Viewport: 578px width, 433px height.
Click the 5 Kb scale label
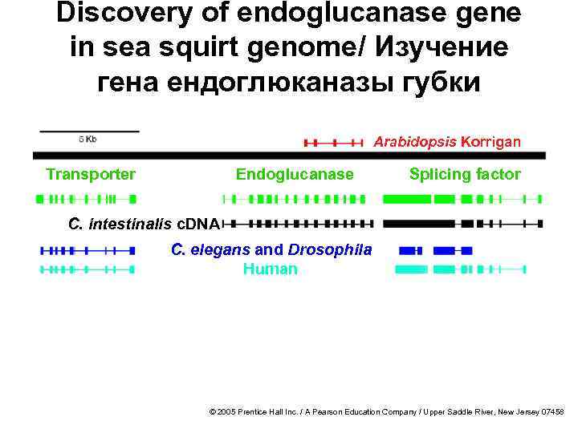[x=88, y=140]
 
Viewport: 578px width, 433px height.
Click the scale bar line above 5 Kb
[x=89, y=130]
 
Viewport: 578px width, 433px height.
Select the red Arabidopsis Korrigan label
[x=446, y=142]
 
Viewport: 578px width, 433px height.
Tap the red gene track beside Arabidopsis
[x=333, y=143]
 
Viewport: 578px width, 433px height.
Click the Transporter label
[x=91, y=174]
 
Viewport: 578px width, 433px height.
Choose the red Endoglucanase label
[x=295, y=174]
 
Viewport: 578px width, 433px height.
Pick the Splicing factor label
[x=465, y=174]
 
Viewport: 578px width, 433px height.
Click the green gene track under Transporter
[x=87, y=197]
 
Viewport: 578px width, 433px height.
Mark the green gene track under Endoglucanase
[x=294, y=197]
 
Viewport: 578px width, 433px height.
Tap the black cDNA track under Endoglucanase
[x=297, y=223]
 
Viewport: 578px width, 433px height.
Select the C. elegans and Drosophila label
[x=271, y=249]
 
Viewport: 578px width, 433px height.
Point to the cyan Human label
[x=270, y=269]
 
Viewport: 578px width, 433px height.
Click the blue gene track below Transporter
[x=87, y=250]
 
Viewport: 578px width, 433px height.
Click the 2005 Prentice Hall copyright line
[x=386, y=411]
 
